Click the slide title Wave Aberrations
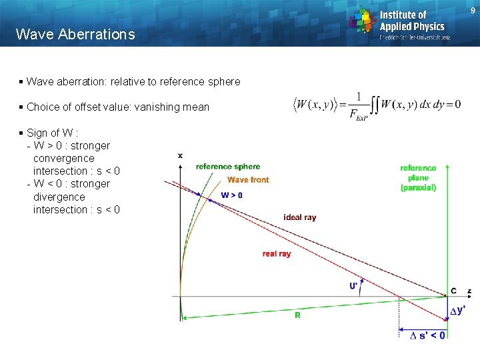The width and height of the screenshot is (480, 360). (x=75, y=34)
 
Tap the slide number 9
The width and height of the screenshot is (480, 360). (x=473, y=11)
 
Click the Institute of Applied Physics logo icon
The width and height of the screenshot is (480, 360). (x=363, y=21)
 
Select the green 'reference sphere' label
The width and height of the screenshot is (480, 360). (x=228, y=167)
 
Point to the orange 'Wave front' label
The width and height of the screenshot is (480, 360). (x=248, y=179)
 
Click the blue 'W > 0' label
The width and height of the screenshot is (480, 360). (x=231, y=195)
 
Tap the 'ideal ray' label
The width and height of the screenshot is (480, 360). (x=300, y=217)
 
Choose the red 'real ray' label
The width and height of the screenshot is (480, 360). (x=277, y=254)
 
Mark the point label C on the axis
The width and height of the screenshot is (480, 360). (x=453, y=291)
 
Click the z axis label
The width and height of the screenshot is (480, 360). (x=469, y=291)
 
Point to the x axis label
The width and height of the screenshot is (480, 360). (x=180, y=155)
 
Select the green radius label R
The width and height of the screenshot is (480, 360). (x=297, y=315)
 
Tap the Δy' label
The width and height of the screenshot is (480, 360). (x=457, y=311)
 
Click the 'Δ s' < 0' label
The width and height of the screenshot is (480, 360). (x=427, y=335)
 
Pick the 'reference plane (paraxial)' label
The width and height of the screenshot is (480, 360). (x=418, y=178)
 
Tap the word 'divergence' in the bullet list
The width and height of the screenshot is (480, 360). (x=59, y=197)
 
